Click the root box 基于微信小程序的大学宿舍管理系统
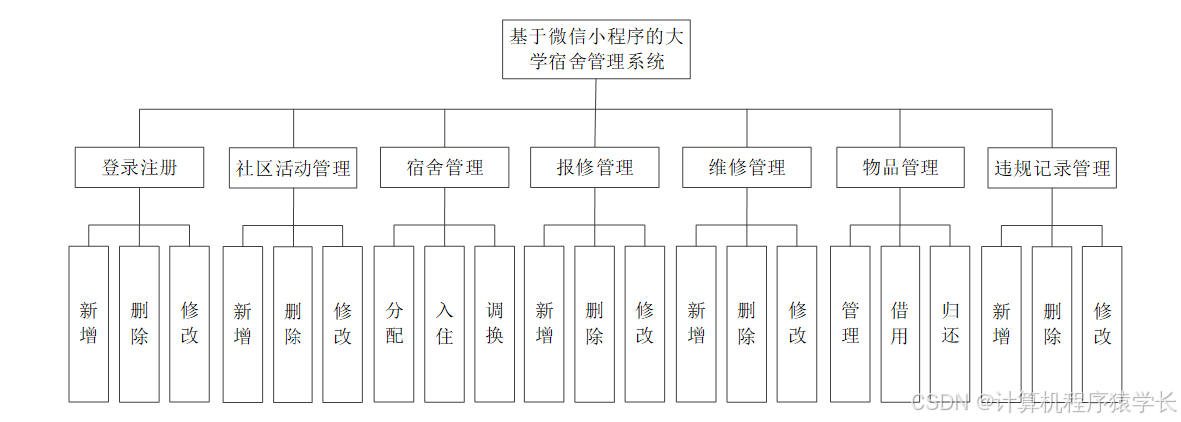click(597, 49)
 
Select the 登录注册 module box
click(139, 167)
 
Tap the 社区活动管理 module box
click(293, 167)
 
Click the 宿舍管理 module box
click(444, 167)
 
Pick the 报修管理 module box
click(595, 167)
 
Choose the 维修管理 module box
click(747, 167)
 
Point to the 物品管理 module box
click(900, 167)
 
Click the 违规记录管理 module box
click(1052, 167)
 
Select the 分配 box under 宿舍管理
click(394, 324)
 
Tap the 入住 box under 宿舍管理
click(444, 324)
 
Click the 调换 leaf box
click(495, 324)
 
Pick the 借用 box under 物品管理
click(900, 324)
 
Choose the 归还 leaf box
click(950, 324)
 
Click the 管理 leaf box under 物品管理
click(850, 324)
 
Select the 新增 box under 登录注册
click(88, 324)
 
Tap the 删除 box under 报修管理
click(595, 324)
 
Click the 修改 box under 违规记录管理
click(1102, 324)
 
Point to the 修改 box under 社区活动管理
click(342, 324)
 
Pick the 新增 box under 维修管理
click(696, 324)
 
